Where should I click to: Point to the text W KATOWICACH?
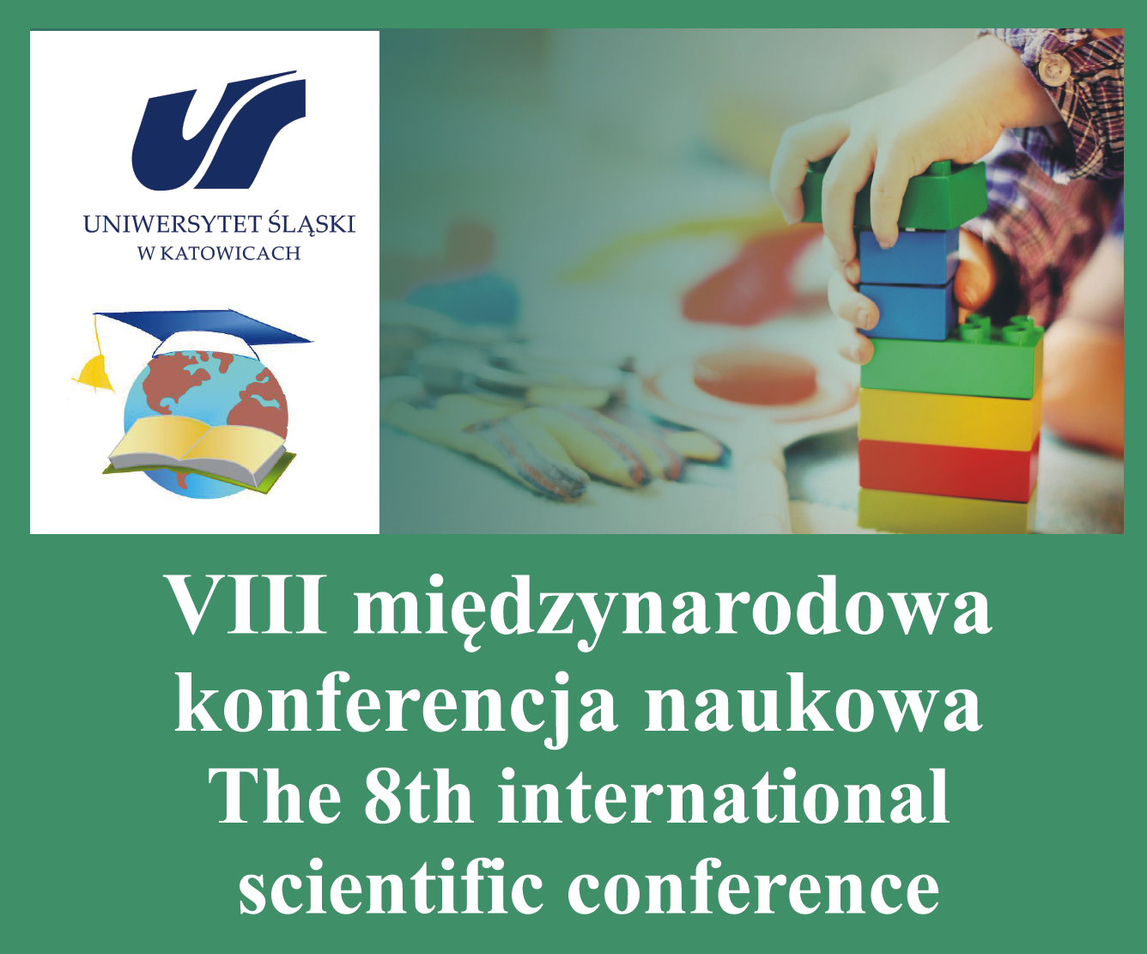point(219,253)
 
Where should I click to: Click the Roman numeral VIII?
point(248,605)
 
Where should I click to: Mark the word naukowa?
point(813,703)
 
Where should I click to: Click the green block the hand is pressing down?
point(895,195)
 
